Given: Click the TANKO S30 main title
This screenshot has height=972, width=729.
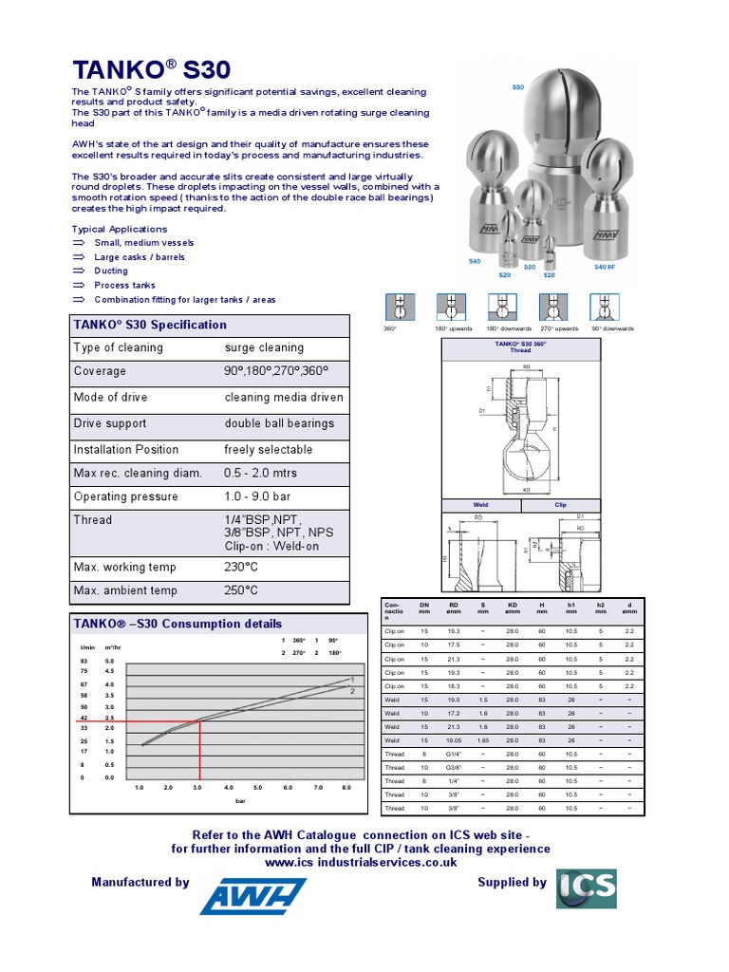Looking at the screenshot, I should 151,69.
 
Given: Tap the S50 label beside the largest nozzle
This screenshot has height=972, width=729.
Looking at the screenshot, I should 517,87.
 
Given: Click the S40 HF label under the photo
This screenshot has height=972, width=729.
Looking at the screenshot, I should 606,268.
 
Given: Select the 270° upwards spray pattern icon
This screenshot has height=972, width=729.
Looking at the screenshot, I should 553,307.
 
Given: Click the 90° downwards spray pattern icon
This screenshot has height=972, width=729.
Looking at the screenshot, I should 605,307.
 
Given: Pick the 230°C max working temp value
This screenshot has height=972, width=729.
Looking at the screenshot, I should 241,567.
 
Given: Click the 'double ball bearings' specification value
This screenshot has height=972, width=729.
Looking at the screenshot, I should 279,423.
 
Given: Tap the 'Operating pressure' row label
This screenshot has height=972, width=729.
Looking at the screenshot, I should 125,496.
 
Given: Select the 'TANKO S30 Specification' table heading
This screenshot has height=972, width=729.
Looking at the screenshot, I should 150,325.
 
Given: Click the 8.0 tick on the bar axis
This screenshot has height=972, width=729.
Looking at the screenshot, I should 346,788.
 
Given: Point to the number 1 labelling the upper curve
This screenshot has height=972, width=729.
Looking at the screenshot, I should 352,680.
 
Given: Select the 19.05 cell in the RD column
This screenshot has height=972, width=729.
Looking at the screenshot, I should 454,739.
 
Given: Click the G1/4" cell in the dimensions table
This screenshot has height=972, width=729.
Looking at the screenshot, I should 454,754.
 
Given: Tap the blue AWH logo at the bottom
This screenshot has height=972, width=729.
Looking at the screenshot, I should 252,894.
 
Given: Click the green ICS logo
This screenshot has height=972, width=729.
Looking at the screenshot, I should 586,888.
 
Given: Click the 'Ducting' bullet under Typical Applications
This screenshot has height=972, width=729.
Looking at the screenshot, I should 111,271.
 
